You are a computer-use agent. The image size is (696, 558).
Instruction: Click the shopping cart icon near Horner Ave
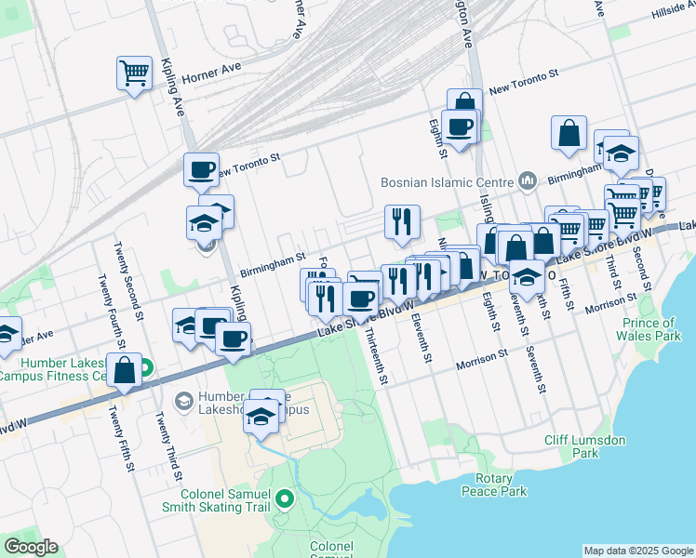pos(135,73)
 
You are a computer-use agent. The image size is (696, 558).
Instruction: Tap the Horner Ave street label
pos(211,79)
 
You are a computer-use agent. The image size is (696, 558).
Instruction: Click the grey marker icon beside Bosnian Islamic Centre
pos(528,179)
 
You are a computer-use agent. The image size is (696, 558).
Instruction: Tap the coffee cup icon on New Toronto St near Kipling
pos(201,170)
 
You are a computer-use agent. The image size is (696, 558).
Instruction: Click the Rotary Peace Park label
pos(493,485)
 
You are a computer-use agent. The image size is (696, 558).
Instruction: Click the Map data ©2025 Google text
pos(637,550)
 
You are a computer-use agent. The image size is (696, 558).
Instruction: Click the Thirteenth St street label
pos(376,356)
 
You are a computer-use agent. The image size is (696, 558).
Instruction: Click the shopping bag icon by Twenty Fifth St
pos(124,371)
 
